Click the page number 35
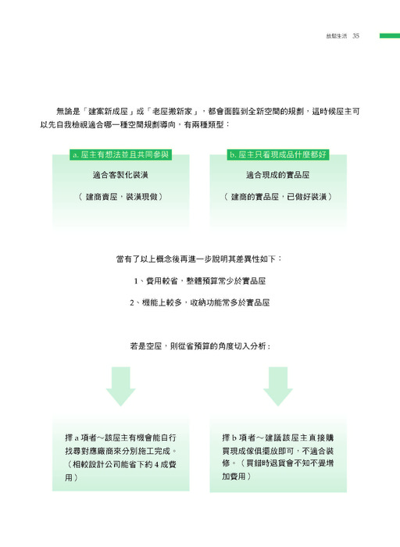(355, 36)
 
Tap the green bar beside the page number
(390, 36)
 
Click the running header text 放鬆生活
(337, 36)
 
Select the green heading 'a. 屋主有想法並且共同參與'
(120, 155)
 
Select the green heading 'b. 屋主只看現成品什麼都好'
(278, 155)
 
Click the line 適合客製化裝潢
(120, 175)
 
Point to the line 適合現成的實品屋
(278, 175)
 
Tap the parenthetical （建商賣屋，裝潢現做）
(120, 197)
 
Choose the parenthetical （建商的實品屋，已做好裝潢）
(278, 197)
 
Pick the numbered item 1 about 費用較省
(200, 281)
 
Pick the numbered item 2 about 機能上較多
(200, 302)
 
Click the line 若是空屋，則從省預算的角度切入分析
(200, 346)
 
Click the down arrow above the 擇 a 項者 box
(120, 386)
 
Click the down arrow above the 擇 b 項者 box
(278, 386)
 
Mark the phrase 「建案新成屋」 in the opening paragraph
(109, 112)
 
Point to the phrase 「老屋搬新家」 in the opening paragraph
(173, 112)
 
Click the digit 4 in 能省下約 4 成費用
(157, 465)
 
